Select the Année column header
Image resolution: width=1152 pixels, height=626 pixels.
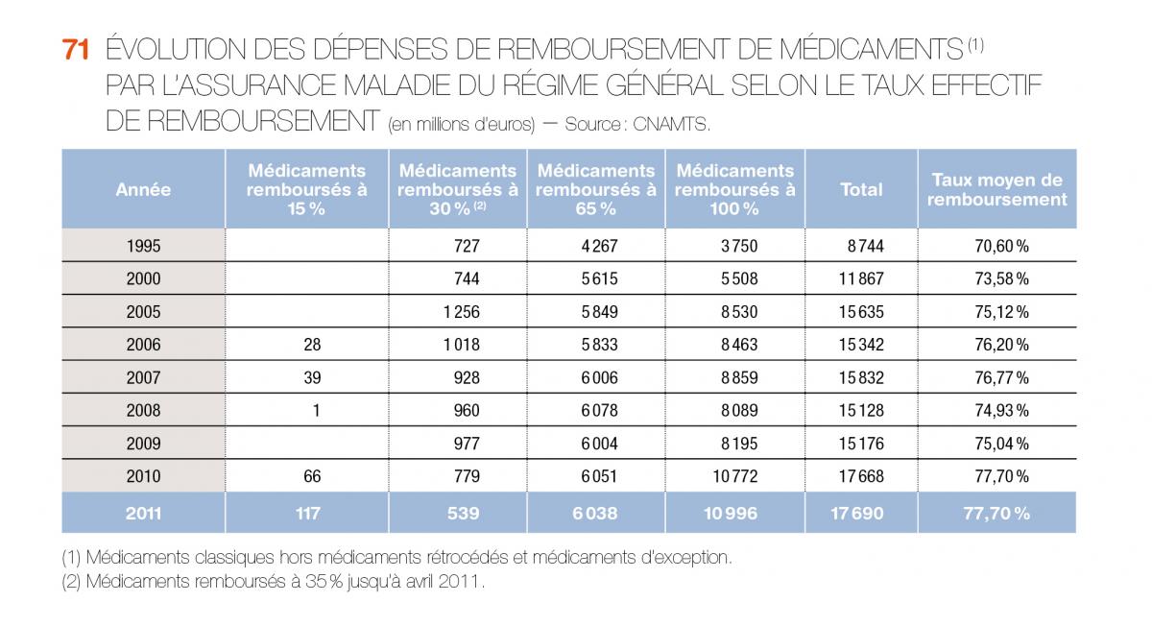pyautogui.click(x=143, y=190)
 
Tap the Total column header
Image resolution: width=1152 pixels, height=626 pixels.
pyautogui.click(x=861, y=190)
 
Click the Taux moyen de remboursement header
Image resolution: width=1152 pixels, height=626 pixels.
pyautogui.click(x=996, y=190)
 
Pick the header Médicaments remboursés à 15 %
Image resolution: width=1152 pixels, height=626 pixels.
pyautogui.click(x=306, y=190)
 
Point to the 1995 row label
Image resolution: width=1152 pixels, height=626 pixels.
pyautogui.click(x=143, y=246)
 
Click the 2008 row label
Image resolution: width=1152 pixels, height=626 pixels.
pyautogui.click(x=143, y=411)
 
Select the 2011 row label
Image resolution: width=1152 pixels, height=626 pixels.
pyautogui.click(x=143, y=514)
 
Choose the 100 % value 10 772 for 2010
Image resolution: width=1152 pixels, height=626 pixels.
pyautogui.click(x=734, y=477)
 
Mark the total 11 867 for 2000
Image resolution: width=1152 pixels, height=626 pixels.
pyautogui.click(x=861, y=279)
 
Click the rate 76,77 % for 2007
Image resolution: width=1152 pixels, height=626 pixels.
pyautogui.click(x=1001, y=378)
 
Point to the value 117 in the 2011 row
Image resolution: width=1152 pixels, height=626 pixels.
pyautogui.click(x=307, y=514)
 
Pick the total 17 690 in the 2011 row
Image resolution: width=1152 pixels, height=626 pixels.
pyautogui.click(x=856, y=514)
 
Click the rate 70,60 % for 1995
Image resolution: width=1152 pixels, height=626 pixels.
pyautogui.click(x=1001, y=246)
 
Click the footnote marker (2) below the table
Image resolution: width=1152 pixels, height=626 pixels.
pyautogui.click(x=72, y=582)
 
